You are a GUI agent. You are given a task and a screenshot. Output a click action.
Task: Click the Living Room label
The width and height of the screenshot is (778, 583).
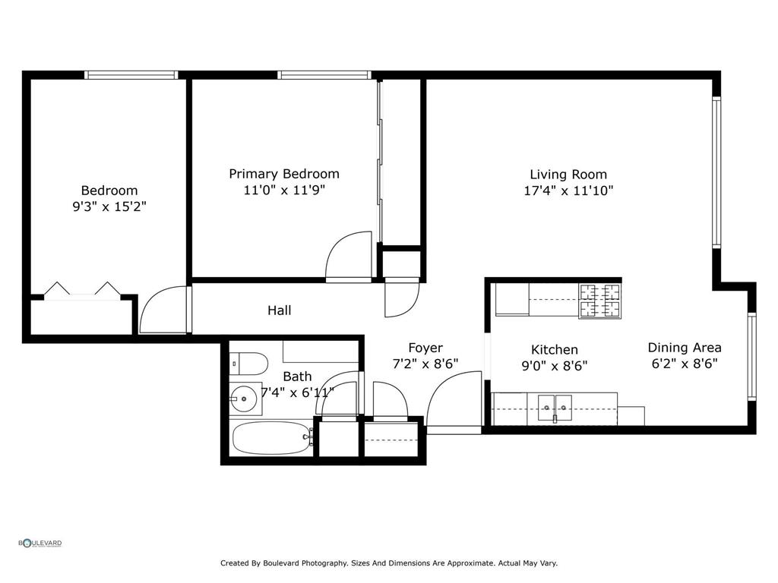568,175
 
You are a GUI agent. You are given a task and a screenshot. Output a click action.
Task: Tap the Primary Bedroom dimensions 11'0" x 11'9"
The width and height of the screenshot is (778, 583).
284,191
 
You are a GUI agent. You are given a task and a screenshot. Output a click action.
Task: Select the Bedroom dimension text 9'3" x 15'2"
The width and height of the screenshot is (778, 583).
109,206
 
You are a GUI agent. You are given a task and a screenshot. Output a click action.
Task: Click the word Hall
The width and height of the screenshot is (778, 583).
279,310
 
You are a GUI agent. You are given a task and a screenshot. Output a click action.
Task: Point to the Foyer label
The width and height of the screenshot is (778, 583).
425,348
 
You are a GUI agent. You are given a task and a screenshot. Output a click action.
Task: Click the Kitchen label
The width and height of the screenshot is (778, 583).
554,350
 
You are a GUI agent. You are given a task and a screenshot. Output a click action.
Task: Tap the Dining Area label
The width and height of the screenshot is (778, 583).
684,348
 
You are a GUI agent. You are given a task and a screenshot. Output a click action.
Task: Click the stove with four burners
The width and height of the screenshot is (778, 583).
599,301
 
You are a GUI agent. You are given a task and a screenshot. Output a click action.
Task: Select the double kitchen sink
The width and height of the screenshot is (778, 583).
555,408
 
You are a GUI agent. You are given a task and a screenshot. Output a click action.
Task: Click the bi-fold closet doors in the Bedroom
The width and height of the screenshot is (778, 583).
82,289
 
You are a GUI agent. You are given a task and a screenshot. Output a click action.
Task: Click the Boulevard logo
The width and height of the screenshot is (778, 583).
40,543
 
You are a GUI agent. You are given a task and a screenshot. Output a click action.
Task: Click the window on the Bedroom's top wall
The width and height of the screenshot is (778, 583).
131,75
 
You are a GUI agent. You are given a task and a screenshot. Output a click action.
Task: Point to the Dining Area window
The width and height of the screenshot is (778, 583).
751,356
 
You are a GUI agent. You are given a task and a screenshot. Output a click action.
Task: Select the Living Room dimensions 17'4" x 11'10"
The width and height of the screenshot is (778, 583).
568,191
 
